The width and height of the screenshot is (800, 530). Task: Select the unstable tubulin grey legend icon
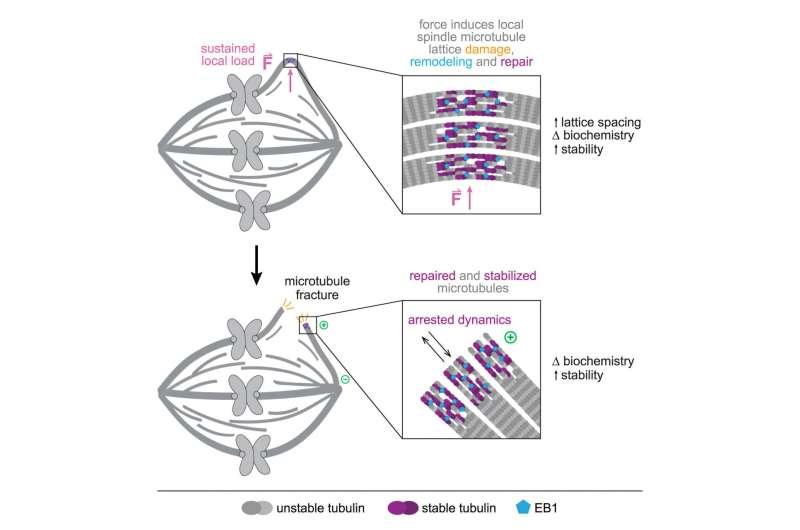coord(257,507)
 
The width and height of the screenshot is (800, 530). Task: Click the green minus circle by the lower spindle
coord(345,379)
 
